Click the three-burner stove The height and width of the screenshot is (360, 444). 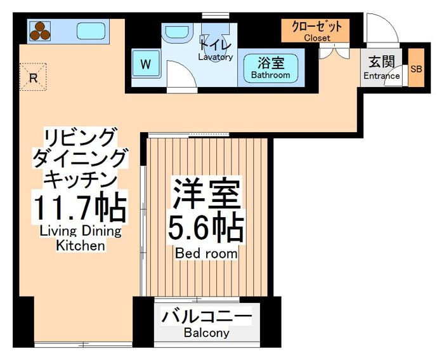pyautogui.click(x=40, y=31)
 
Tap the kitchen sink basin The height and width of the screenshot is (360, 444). pyautogui.click(x=91, y=31)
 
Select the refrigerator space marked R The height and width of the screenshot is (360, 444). pyautogui.click(x=33, y=77)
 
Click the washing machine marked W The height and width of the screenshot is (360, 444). pyautogui.click(x=146, y=63)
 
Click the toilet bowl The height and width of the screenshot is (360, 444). pyautogui.click(x=215, y=40)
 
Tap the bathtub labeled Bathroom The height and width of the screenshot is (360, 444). pyautogui.click(x=271, y=69)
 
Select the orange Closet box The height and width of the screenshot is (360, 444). pyautogui.click(x=315, y=30)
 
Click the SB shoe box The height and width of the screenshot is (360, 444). pyautogui.click(x=416, y=68)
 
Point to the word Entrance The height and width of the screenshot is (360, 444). pyautogui.click(x=381, y=76)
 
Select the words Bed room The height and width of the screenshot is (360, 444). pyautogui.click(x=206, y=253)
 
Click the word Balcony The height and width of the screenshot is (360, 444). pyautogui.click(x=206, y=333)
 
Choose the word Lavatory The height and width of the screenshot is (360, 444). pyautogui.click(x=216, y=57)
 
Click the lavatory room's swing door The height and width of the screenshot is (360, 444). pyautogui.click(x=181, y=74)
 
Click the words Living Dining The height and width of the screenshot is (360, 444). pyautogui.click(x=81, y=231)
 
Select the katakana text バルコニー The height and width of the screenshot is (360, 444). pyautogui.click(x=206, y=317)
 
